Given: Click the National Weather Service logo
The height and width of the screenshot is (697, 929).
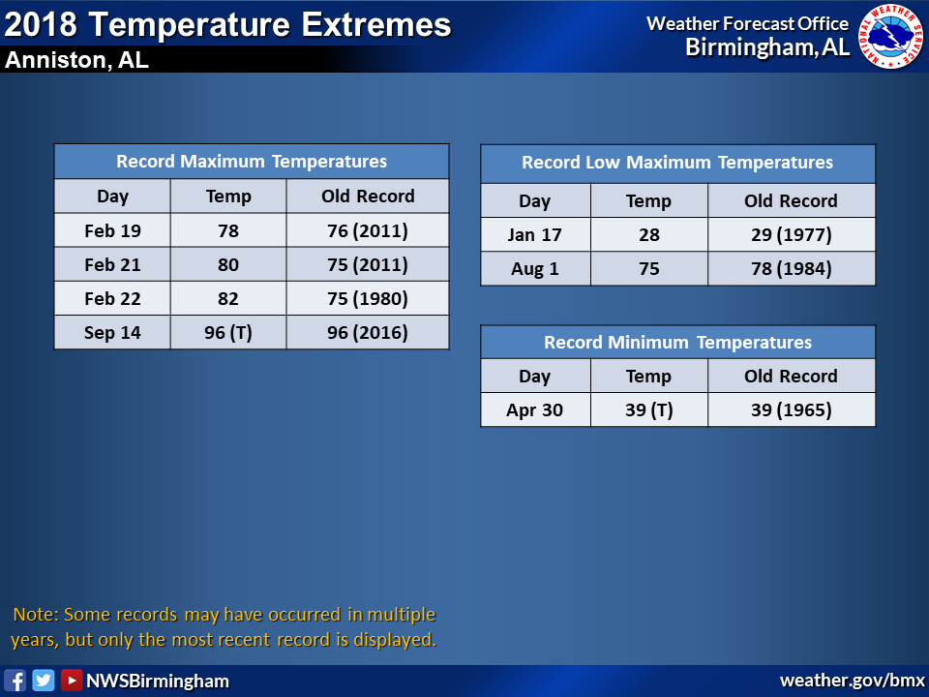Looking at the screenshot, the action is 891,36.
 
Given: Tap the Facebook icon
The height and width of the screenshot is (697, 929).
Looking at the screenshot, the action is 15,681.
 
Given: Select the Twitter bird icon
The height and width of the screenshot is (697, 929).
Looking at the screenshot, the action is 44,681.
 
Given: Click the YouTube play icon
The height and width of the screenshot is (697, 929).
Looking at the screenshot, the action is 71,681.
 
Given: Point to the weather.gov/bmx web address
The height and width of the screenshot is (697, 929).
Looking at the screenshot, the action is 852,681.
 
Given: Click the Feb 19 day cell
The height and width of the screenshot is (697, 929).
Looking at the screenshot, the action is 112,230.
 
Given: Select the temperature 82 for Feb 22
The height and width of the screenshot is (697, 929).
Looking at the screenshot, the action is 228,298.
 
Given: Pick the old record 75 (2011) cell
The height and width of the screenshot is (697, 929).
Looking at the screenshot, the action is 368,264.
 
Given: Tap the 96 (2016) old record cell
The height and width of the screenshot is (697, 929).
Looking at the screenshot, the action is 368,332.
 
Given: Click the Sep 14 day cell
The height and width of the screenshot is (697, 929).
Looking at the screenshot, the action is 112,332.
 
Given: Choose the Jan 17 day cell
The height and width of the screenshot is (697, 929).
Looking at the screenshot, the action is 535,234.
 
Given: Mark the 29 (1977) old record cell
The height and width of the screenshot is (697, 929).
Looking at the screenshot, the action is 792,234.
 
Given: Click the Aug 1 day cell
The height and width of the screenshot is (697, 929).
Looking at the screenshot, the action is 535,268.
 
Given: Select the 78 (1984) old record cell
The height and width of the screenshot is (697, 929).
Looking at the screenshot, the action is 792,268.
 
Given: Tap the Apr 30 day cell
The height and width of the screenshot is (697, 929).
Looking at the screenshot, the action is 535,409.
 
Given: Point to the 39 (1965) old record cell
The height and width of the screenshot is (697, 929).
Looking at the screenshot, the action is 792,409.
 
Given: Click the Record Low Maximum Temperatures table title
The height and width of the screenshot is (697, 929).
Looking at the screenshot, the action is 677,163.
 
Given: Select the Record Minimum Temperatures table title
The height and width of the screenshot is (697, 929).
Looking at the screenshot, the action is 677,342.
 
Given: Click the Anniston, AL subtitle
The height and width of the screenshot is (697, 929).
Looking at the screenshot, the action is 76,60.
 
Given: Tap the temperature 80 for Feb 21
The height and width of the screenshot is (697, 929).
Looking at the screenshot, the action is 228,264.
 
